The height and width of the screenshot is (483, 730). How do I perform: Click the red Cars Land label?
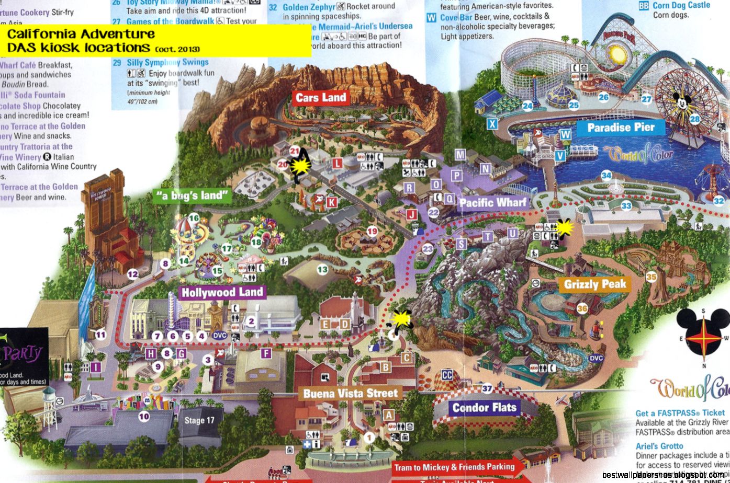(x=320, y=97)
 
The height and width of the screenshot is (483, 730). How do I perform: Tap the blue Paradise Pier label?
(x=621, y=128)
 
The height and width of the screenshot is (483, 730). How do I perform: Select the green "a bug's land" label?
(x=193, y=196)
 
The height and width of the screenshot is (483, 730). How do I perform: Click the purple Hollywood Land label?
(x=222, y=292)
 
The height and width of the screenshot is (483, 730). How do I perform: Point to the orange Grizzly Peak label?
(x=595, y=284)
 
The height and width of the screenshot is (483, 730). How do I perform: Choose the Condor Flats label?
(x=484, y=408)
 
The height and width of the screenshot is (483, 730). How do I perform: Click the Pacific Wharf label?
(x=493, y=202)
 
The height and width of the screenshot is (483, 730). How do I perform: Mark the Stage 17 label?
(x=199, y=420)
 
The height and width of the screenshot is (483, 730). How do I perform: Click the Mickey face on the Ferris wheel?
(x=682, y=102)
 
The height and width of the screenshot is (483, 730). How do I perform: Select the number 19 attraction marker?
(x=372, y=231)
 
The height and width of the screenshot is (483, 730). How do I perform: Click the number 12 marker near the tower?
(x=132, y=273)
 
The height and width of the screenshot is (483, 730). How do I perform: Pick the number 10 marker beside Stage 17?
(x=144, y=416)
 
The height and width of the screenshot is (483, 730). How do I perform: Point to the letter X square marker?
(x=492, y=124)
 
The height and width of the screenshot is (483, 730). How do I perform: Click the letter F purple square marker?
(x=266, y=354)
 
